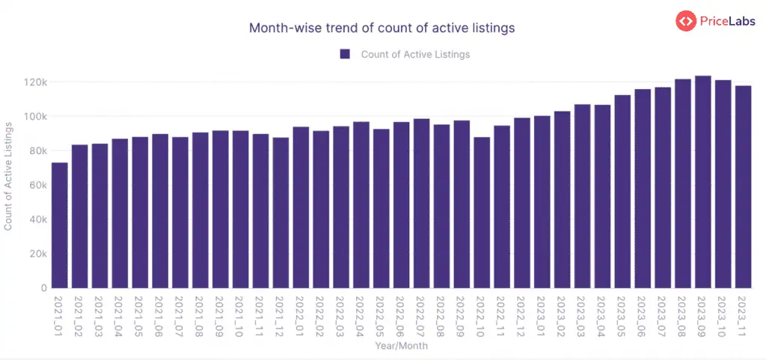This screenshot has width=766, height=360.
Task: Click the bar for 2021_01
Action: [60, 225]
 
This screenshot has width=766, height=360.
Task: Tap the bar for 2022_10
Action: [482, 213]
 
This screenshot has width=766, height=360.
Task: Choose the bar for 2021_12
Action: [281, 213]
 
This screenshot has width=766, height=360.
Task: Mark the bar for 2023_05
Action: [622, 192]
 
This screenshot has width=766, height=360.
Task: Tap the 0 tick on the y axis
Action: [44, 288]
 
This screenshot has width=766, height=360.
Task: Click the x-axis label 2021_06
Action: [160, 316]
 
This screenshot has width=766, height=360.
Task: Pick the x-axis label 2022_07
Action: [421, 316]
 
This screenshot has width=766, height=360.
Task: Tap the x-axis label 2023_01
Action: [542, 316]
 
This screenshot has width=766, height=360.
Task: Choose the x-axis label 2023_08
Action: [683, 316]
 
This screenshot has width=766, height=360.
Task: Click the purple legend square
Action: [345, 54]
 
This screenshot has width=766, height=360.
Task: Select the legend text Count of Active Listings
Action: [415, 54]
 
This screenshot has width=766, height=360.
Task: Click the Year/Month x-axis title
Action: [402, 347]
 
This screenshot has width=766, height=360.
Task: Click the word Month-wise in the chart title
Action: [280, 28]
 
